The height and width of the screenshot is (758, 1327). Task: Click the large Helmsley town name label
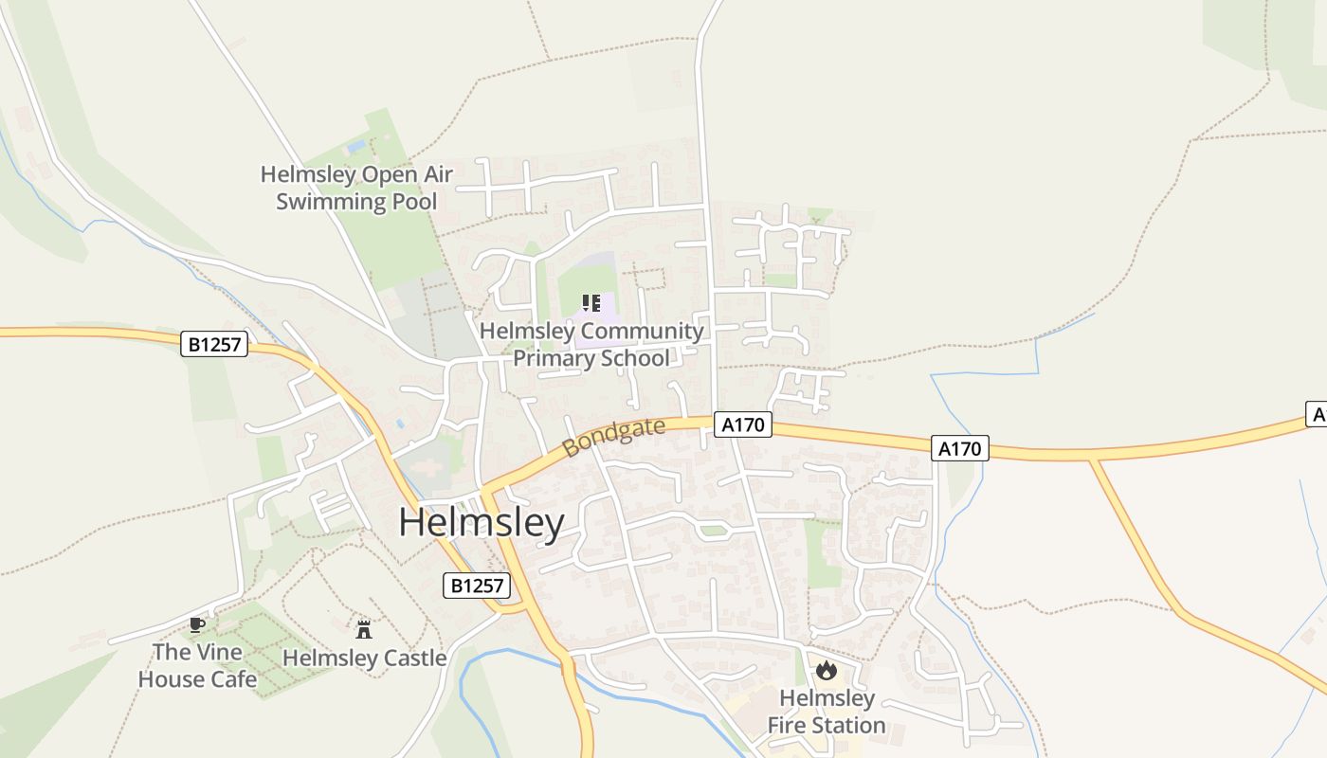pos(481,522)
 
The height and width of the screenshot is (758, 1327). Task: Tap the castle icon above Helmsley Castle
pos(364,629)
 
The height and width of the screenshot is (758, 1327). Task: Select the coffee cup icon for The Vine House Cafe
pos(196,624)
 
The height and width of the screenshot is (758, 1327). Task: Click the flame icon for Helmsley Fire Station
pos(827,671)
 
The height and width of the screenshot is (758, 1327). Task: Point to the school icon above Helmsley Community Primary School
pos(591,304)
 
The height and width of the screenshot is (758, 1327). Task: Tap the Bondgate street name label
pos(614,437)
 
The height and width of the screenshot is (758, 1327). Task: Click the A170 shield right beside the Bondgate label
pos(742,424)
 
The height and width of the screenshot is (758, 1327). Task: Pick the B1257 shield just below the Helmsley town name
pos(477,586)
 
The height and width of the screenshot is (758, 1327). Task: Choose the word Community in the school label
pos(642,332)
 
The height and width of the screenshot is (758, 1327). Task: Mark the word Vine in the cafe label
pos(218,652)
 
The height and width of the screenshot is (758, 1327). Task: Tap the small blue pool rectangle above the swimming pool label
pos(356,147)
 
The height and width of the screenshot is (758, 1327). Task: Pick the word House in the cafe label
pos(173,679)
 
